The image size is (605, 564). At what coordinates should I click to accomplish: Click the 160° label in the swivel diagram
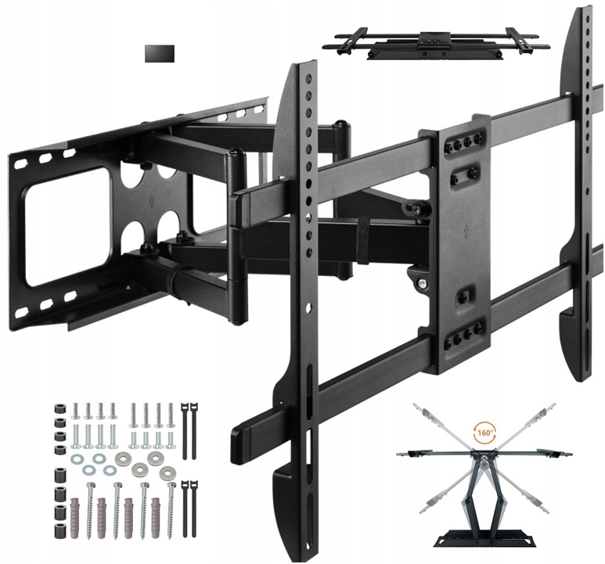[x=484, y=433]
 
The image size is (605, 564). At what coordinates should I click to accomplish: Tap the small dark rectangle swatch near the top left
[x=160, y=54]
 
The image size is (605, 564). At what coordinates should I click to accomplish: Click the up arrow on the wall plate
[x=150, y=201]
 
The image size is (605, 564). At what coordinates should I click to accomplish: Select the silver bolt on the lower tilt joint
[x=423, y=283]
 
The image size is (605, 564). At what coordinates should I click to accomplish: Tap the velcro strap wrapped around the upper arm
[x=362, y=241]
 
